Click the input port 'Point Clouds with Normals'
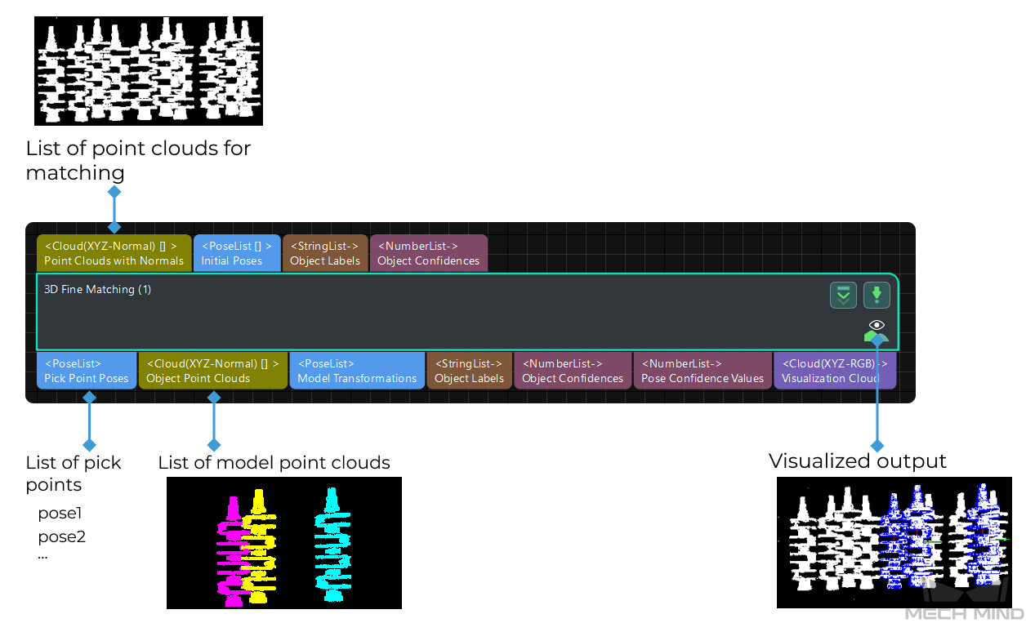tap(114, 253)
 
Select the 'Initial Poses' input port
tap(237, 253)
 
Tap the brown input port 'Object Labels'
tap(325, 253)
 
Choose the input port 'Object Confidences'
tap(428, 253)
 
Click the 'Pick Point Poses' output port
tap(87, 371)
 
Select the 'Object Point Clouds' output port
tap(212, 371)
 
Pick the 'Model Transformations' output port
tap(357, 371)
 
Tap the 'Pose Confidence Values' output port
tap(703, 371)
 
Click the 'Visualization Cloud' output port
tap(834, 371)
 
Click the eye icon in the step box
tap(877, 325)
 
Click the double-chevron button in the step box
tap(843, 295)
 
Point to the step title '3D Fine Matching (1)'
tap(98, 290)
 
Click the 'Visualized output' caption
tap(857, 461)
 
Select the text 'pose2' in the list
tap(62, 536)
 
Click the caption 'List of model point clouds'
tap(274, 463)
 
